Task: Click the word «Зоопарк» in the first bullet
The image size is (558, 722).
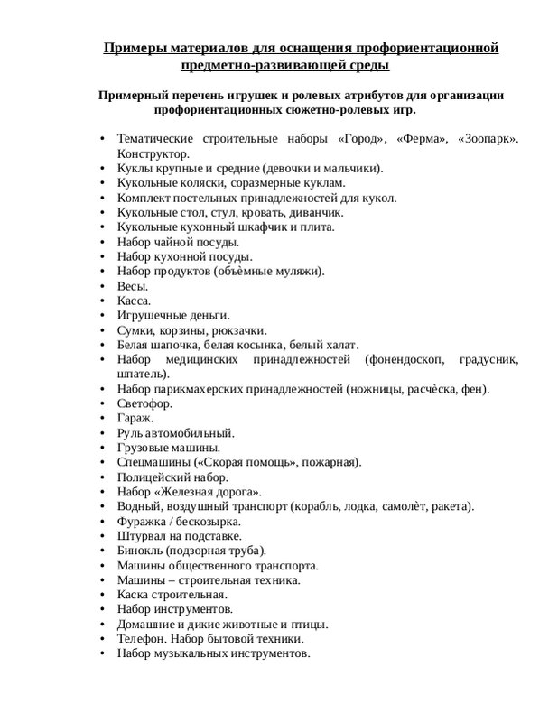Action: pyautogui.click(x=488, y=140)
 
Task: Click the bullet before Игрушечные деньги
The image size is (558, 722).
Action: pyautogui.click(x=103, y=316)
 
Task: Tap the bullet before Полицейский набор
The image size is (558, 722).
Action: pyautogui.click(x=103, y=477)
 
